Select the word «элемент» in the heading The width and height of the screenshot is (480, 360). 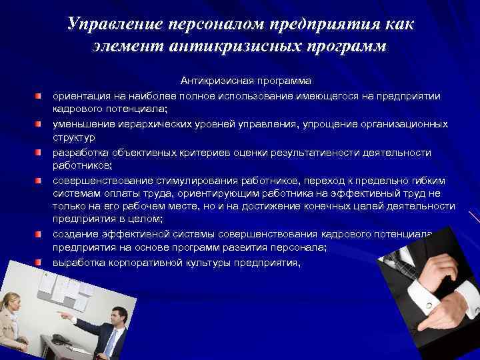click(126, 47)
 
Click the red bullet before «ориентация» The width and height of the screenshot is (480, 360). click(39, 97)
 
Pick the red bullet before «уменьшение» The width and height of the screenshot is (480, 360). click(39, 125)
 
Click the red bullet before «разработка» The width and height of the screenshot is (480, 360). click(39, 153)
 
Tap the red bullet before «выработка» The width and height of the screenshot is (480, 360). click(39, 263)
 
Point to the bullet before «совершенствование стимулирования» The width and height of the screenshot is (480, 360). click(39, 180)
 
